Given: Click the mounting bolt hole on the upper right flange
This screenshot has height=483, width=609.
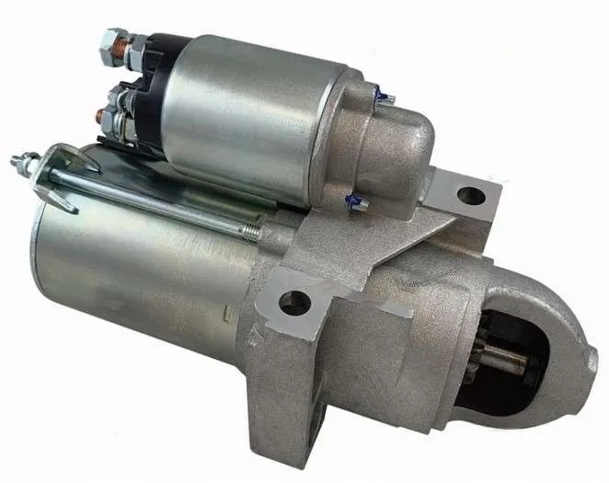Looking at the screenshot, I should (470, 195).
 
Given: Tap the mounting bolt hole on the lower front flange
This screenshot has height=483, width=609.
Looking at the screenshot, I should (295, 301).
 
